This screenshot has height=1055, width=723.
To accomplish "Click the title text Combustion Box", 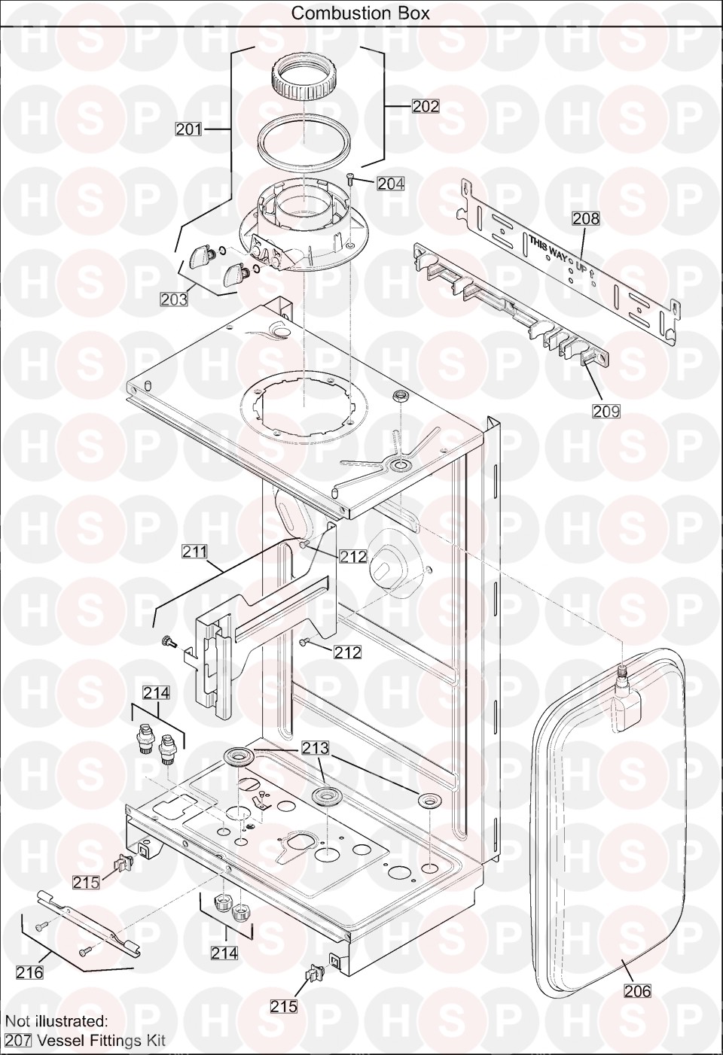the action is pyautogui.click(x=361, y=14).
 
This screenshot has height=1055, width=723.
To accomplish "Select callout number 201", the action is pyautogui.click(x=188, y=129).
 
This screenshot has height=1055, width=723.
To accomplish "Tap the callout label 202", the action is pyautogui.click(x=426, y=106).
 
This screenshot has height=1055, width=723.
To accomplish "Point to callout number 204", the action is pyautogui.click(x=391, y=184).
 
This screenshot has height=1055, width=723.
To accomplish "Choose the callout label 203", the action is pyautogui.click(x=174, y=299).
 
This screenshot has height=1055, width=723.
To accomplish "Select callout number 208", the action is pyautogui.click(x=587, y=218).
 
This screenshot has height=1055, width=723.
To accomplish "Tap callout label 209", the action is pyautogui.click(x=606, y=411).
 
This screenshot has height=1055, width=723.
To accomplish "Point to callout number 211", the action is pyautogui.click(x=195, y=551).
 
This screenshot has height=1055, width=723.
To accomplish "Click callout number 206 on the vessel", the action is pyautogui.click(x=637, y=991).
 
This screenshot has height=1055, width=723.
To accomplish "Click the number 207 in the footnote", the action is pyautogui.click(x=18, y=1040).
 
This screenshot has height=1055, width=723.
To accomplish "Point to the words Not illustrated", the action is pyautogui.click(x=56, y=1020).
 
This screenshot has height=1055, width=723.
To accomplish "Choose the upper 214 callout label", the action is pyautogui.click(x=157, y=693).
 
